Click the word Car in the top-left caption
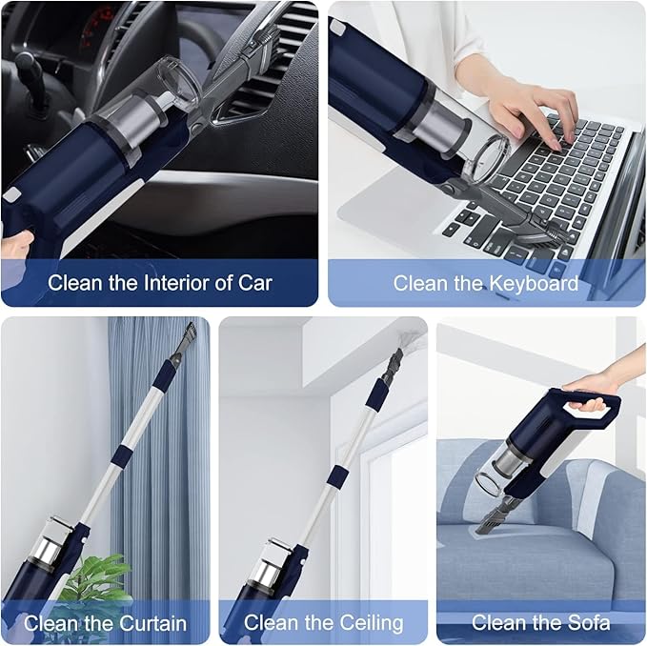coord(253,283)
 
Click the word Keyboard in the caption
coord(533,283)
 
